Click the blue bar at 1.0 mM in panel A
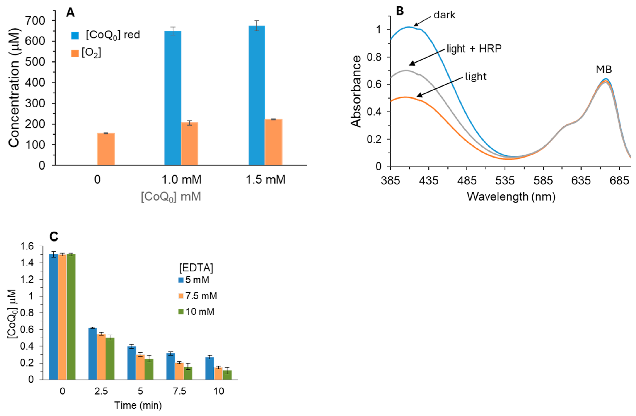coord(173,98)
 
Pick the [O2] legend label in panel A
coord(91,53)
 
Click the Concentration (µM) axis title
coord(14,88)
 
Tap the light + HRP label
coord(474,49)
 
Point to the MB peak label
coord(604,70)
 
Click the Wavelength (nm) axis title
coord(511,197)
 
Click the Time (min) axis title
coord(138,405)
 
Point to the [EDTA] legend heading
coord(196,268)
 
